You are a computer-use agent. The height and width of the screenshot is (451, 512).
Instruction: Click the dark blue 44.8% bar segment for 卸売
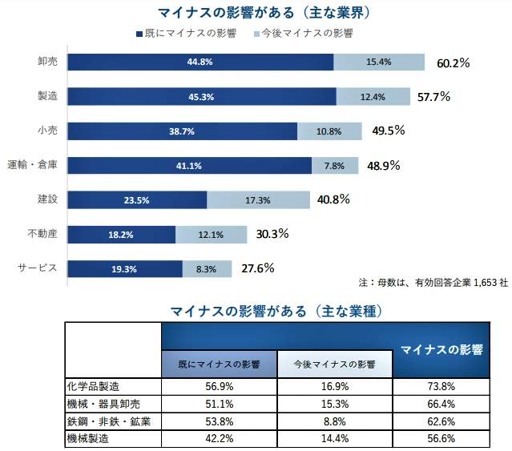[200, 62]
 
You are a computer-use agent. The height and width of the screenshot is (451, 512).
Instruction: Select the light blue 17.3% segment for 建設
[258, 200]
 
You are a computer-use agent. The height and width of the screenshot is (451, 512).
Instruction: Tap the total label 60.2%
[453, 62]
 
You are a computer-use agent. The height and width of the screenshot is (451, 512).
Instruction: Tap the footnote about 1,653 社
[433, 283]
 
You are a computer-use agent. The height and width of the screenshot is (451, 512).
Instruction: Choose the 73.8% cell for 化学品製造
[441, 385]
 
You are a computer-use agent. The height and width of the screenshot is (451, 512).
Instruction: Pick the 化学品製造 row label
[93, 385]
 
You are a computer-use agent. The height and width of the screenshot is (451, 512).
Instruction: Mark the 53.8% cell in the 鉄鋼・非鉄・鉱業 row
[219, 421]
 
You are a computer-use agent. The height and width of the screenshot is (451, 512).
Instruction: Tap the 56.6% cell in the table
[441, 438]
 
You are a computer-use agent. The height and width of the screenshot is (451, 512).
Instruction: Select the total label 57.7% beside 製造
[433, 97]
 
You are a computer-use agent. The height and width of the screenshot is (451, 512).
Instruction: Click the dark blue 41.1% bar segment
[190, 166]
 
